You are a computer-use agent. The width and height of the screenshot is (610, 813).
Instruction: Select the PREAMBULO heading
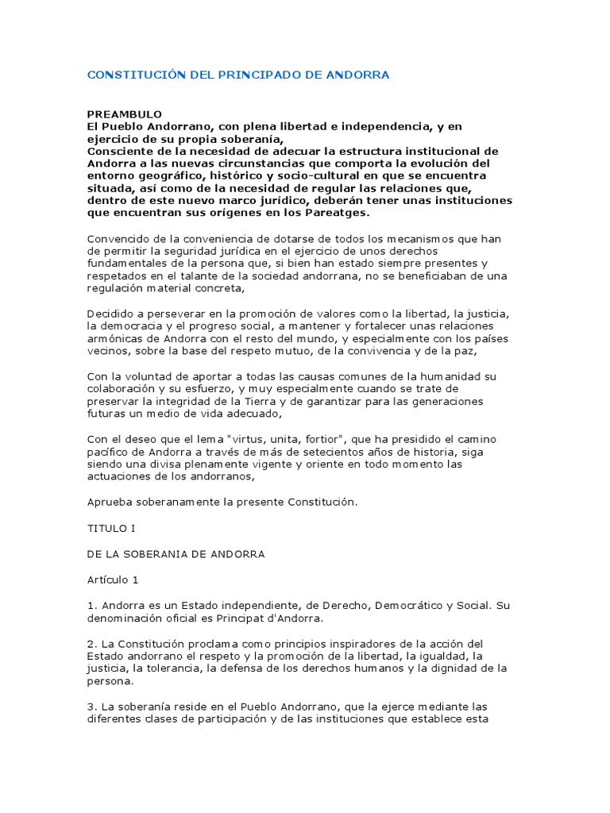pyautogui.click(x=124, y=114)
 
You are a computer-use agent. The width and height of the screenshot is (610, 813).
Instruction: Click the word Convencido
pyautogui.click(x=118, y=239)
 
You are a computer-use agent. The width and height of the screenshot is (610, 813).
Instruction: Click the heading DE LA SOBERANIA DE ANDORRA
pyautogui.click(x=176, y=553)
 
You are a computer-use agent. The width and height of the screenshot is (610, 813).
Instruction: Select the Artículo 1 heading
pyautogui.click(x=113, y=580)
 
